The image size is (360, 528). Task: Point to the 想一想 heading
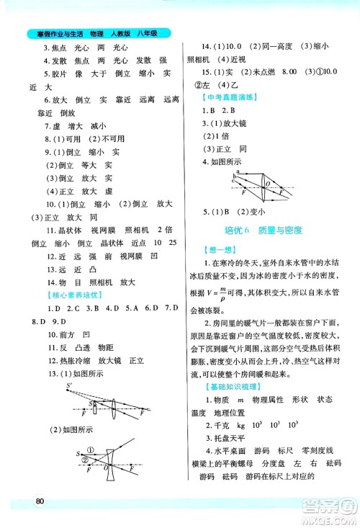click(x=217, y=249)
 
